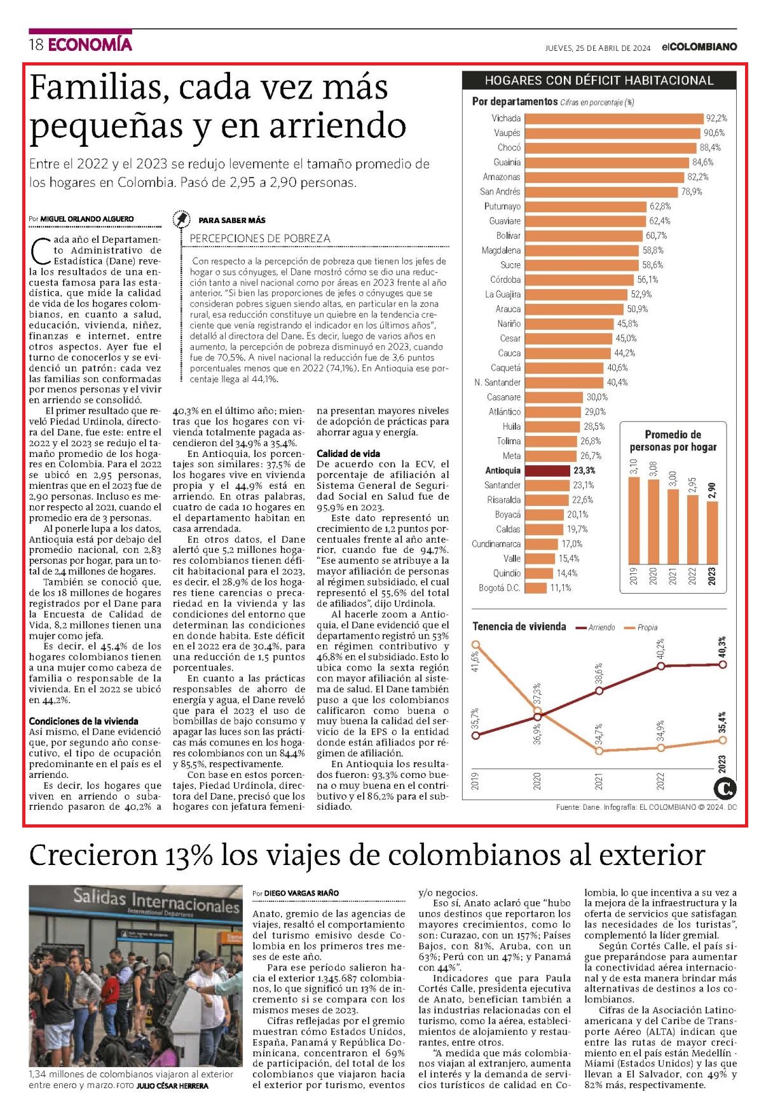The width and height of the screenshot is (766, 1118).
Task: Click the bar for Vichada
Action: tap(614, 118)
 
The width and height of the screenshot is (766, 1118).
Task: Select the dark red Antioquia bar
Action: tap(547, 470)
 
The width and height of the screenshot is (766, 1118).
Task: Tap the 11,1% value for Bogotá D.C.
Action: tap(561, 588)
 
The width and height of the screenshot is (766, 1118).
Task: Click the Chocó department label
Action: tap(509, 147)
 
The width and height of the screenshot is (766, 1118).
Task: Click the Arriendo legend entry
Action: tap(595, 627)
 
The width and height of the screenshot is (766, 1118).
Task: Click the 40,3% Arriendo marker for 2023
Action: tap(722, 664)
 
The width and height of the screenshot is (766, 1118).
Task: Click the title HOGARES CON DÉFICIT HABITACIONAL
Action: tap(599, 80)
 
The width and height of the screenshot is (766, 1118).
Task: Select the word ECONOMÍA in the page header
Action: tap(90, 44)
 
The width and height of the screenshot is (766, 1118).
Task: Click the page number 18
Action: tap(36, 44)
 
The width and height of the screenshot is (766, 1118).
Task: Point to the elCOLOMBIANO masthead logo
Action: tap(699, 47)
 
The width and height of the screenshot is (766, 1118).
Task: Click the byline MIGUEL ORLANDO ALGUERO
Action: tap(87, 219)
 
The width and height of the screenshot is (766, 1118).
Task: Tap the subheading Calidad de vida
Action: tap(348, 453)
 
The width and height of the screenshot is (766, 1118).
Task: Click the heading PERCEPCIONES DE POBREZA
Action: tap(260, 238)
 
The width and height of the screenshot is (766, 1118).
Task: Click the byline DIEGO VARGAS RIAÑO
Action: tap(301, 893)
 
